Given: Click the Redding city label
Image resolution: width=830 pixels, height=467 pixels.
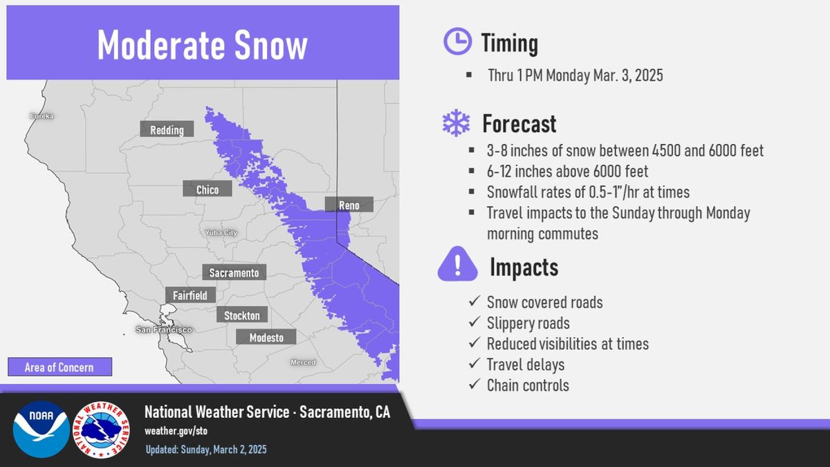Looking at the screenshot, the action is pos(167,129).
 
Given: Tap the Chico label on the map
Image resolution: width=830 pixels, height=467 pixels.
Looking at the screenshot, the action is pos(207,189).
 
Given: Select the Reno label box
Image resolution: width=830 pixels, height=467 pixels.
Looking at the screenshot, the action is pos(349,205).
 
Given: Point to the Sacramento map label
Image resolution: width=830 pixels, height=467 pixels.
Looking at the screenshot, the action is pos(234,272).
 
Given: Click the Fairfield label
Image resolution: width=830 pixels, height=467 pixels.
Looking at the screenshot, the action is pos(190,295).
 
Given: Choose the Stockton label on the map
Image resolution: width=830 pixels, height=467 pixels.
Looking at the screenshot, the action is pos(242,315).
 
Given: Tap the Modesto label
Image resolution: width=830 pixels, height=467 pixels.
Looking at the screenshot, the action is pos(266,337).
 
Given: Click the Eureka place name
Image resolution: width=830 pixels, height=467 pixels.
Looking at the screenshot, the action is pos(42,116).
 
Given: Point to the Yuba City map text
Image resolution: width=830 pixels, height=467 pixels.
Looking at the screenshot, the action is pos(221,232).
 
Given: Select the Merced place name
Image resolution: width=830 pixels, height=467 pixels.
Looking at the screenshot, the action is pos(303,363).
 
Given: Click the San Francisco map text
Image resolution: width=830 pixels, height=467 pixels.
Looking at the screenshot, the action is pos(164,329).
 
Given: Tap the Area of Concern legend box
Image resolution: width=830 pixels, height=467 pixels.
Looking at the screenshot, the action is pos(59,367).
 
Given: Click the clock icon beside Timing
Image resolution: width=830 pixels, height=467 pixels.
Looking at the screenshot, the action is pos(458,41).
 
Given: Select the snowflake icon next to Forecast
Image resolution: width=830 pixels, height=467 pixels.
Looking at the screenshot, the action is pos(456,122).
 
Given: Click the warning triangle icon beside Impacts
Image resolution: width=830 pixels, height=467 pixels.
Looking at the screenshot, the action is pos(458,264).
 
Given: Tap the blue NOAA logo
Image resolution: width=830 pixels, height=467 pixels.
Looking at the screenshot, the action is pos(41,429).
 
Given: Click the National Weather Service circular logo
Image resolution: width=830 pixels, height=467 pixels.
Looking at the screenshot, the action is pos(101,430).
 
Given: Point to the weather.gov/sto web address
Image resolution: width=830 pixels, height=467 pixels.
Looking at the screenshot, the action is pos(176,431).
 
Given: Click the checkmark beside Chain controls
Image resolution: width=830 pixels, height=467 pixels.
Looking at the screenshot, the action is pos(474,384).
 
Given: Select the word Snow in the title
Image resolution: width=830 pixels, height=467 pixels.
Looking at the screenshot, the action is pos(271,45).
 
